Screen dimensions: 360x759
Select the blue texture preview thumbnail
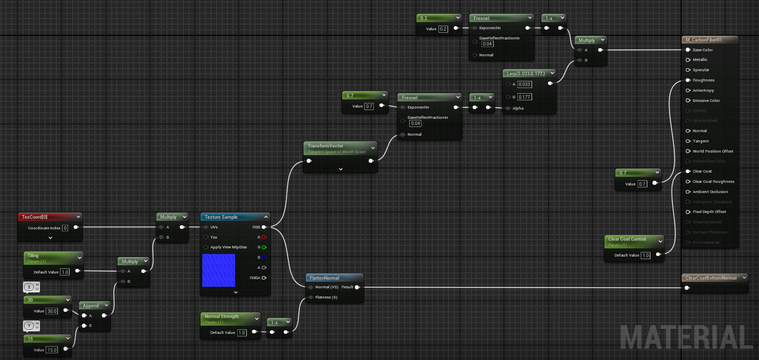pyautogui.click(x=219, y=270)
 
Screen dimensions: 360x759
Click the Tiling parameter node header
pyautogui.click(x=33, y=256)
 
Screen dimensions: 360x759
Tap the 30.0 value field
pyautogui.click(x=52, y=311)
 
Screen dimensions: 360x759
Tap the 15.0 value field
pyautogui.click(x=52, y=350)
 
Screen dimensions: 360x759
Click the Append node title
pyautogui.click(x=91, y=306)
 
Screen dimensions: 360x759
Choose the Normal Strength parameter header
pyautogui.click(x=221, y=316)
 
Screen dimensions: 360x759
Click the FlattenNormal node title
pyautogui.click(x=324, y=278)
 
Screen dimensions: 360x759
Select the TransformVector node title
pyautogui.click(x=325, y=146)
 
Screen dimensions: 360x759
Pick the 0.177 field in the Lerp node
pyautogui.click(x=524, y=97)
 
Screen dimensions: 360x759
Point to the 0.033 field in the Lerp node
pyautogui.click(x=524, y=84)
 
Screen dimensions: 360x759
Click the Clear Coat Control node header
pyautogui.click(x=627, y=239)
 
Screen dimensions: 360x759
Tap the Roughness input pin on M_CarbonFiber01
pyautogui.click(x=688, y=80)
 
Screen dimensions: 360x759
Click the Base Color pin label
pyautogui.click(x=703, y=50)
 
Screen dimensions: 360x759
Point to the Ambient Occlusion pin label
pyautogui.click(x=710, y=192)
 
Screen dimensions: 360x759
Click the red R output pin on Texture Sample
pyautogui.click(x=264, y=238)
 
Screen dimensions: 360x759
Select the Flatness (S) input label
pyautogui.click(x=326, y=298)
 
